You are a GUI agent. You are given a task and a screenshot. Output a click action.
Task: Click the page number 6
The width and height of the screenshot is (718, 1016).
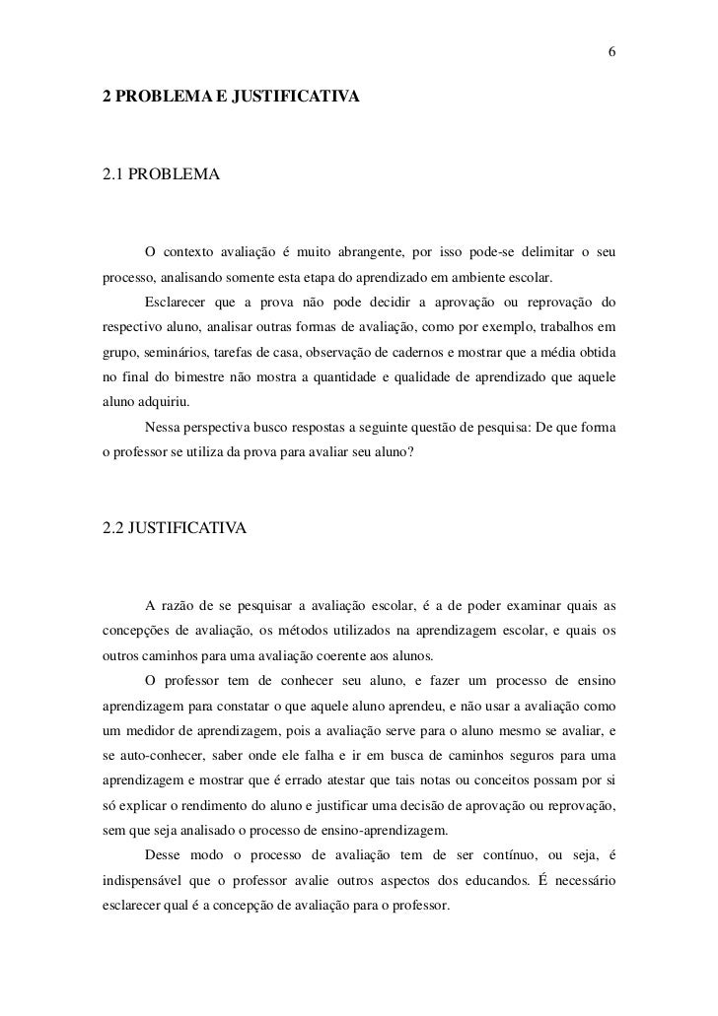click(611, 51)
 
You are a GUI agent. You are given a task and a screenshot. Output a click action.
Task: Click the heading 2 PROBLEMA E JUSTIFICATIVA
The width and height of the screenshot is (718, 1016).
click(232, 99)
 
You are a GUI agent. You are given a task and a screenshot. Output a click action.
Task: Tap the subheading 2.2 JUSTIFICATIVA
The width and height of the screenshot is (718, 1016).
click(176, 528)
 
